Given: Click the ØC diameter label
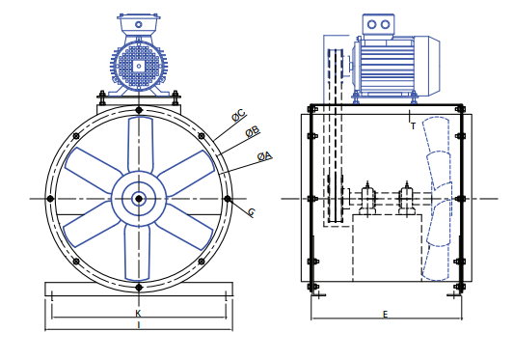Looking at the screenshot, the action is pos(238,115).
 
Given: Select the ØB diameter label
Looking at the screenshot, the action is pos(253,132).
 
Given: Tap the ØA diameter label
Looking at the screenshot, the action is pos(264,156).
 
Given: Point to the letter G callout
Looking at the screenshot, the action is pos(252,212).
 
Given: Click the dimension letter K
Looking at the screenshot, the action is pos(138,314).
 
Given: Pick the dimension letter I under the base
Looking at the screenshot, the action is pos(139,325).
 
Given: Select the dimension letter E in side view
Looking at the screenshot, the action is pos(385,315).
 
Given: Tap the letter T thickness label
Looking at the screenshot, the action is pos(413,126).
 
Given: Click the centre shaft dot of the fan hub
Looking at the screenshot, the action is pos(139,199).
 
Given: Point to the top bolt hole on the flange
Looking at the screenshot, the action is pos(139,110).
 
